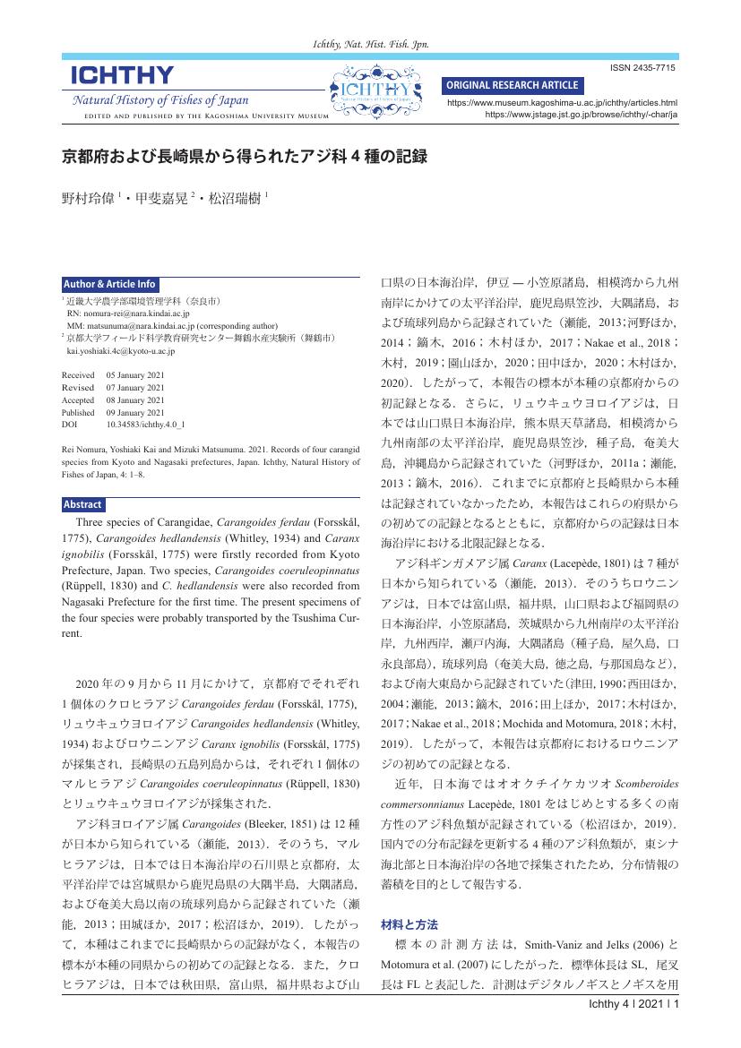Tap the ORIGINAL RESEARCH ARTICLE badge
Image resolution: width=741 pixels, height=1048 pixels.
[x=513, y=85]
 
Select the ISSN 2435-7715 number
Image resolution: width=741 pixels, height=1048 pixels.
[x=642, y=69]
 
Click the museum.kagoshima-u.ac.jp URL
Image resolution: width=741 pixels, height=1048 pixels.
[x=562, y=104]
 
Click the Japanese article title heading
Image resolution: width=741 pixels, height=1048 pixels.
[x=243, y=156]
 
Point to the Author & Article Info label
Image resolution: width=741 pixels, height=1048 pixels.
[x=109, y=284]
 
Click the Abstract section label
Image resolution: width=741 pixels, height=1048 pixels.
[x=82, y=503]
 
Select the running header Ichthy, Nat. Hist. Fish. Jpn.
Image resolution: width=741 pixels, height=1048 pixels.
[x=370, y=43]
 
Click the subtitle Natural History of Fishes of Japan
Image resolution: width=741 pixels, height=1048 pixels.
[x=160, y=100]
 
